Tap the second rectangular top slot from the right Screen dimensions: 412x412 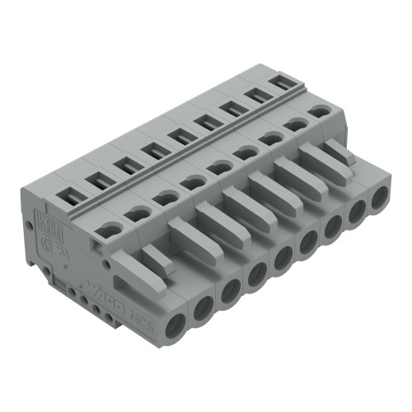(256, 95)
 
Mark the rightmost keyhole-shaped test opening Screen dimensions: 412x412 (316, 110)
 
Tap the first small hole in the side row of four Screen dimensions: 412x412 (73, 292)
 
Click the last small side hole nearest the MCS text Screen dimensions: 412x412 (105, 313)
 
